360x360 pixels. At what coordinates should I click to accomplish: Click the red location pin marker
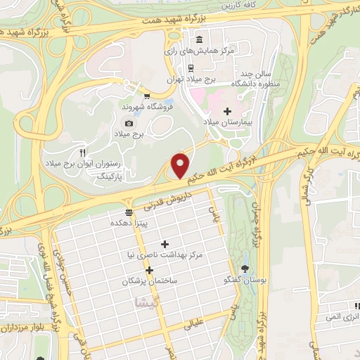click(181, 165)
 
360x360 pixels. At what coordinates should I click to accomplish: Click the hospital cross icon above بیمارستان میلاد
click(226, 111)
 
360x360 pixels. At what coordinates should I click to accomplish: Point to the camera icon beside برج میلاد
click(128, 123)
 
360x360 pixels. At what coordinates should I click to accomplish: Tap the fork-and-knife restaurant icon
click(82, 152)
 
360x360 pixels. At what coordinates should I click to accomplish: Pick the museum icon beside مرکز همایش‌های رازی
click(200, 39)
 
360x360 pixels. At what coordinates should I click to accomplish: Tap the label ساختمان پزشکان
click(148, 281)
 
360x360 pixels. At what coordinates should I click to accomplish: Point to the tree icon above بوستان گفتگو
click(245, 268)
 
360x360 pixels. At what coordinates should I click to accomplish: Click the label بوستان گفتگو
click(243, 280)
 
